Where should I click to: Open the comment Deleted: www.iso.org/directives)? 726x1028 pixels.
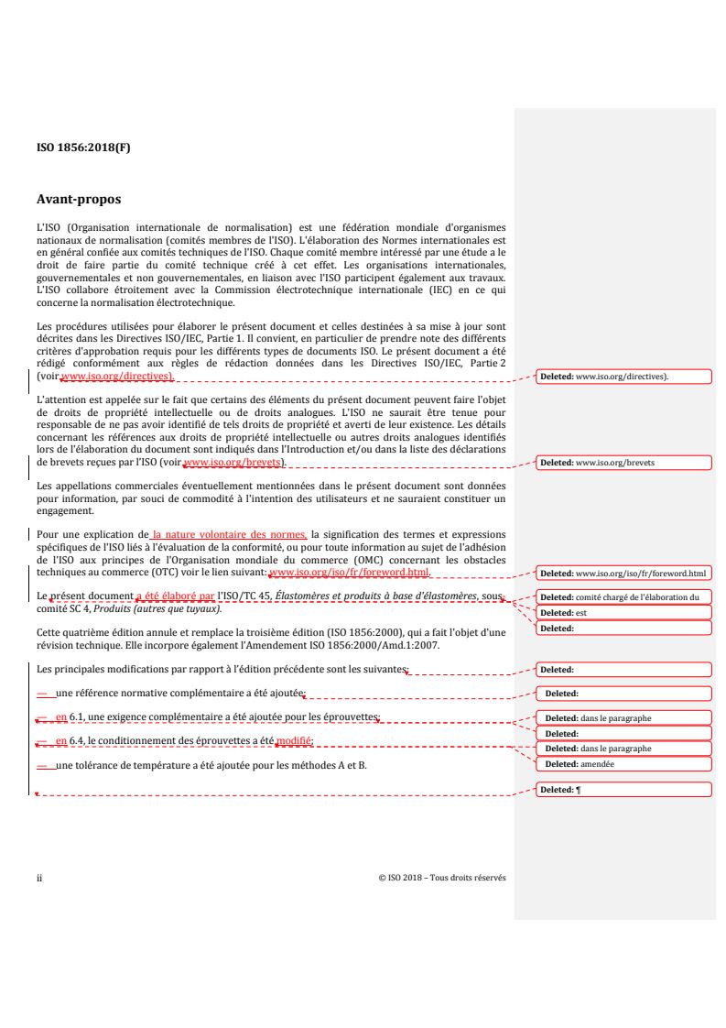(x=622, y=377)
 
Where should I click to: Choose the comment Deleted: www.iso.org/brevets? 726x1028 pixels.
(x=622, y=463)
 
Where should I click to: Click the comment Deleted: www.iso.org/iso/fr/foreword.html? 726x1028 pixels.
(x=622, y=574)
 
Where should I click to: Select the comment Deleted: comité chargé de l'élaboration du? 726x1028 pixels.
(x=622, y=597)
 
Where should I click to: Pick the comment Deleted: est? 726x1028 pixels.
(x=622, y=612)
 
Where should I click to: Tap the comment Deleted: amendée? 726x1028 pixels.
(x=622, y=763)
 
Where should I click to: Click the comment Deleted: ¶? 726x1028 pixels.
(x=622, y=789)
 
